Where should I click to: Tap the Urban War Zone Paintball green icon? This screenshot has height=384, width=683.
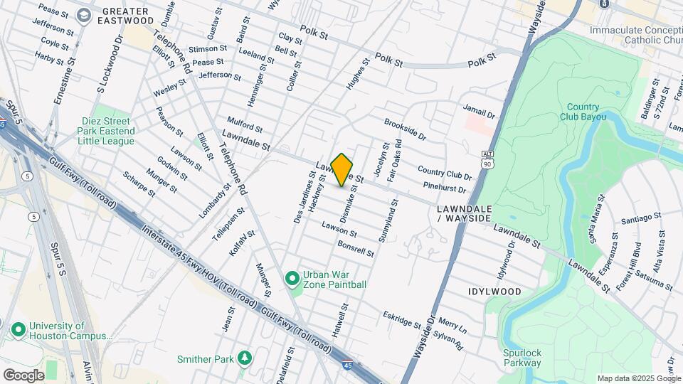click(292, 279)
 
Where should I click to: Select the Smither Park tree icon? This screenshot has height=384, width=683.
click(245, 356)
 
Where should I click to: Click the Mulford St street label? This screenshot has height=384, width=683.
click(245, 124)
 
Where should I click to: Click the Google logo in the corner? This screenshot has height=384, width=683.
click(23, 375)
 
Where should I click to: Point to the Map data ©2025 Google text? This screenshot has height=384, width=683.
click(638, 378)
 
